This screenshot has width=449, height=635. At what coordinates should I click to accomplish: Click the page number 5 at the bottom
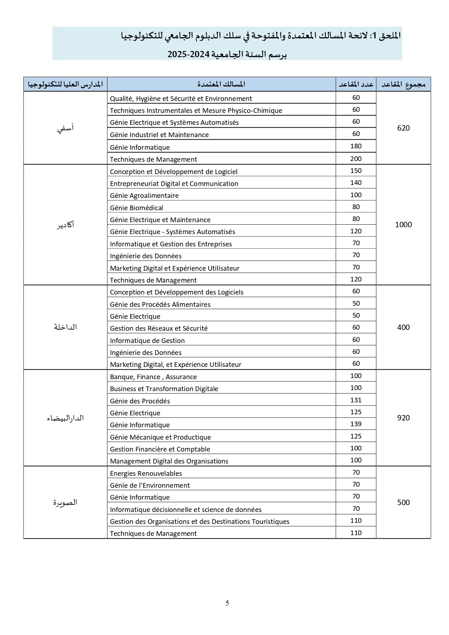(x=227, y=603)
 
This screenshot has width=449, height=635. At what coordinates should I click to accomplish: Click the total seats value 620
(x=403, y=128)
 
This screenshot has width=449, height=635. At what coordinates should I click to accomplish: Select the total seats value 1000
(x=403, y=225)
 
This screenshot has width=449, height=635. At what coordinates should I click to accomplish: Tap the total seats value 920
(x=403, y=418)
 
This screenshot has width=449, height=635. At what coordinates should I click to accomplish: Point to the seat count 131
(x=356, y=400)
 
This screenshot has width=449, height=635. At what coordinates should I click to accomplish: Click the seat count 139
(x=356, y=424)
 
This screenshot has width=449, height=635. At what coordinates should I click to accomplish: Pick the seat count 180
(x=356, y=146)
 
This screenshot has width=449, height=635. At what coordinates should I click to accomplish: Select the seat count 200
(x=356, y=158)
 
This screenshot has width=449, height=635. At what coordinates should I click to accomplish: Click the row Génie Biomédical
(x=136, y=208)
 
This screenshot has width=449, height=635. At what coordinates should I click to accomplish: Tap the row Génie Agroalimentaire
(x=144, y=195)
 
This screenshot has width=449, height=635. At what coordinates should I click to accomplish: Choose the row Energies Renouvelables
(x=146, y=473)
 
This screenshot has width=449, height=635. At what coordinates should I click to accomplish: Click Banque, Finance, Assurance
(x=153, y=377)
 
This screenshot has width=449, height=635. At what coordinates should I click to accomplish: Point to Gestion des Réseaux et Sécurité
(x=159, y=328)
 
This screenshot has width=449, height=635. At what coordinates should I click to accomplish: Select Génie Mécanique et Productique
(x=160, y=437)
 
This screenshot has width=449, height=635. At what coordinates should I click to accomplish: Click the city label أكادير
(x=65, y=225)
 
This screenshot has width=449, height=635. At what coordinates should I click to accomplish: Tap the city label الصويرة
(x=65, y=503)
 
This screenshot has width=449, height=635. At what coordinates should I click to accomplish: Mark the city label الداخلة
(x=65, y=327)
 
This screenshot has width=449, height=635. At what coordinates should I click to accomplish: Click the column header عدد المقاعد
(x=356, y=84)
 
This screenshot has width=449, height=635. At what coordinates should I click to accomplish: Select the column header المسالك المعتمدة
(x=221, y=84)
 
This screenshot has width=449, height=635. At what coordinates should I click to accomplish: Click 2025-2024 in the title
(x=189, y=54)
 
